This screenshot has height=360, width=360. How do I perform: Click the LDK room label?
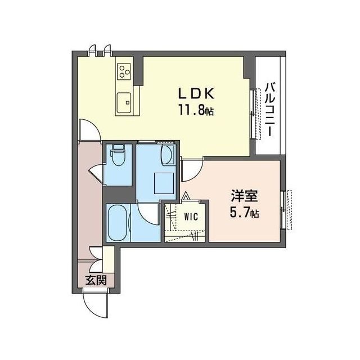click(196, 93)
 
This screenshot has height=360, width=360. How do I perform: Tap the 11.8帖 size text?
click(196, 111)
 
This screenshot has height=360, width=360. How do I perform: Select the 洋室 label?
click(244, 196)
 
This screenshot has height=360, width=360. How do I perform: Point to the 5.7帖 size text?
click(244, 213)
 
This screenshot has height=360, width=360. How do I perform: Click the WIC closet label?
click(191, 217)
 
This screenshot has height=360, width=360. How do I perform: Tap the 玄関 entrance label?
click(96, 280)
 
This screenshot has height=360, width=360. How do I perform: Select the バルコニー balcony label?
click(270, 110)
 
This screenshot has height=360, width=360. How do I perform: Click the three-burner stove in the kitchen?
click(124, 70)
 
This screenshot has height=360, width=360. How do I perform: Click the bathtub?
click(116, 223)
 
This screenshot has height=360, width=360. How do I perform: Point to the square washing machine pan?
click(164, 183)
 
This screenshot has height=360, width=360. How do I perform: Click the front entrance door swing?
click(95, 305)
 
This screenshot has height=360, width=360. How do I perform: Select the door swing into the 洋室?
click(192, 170)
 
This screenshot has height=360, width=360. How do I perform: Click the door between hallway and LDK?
click(89, 130)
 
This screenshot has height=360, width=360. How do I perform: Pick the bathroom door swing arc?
click(148, 213)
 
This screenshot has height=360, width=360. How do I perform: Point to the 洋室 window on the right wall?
click(286, 210)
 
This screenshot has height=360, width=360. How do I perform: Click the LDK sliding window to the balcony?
click(256, 114)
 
